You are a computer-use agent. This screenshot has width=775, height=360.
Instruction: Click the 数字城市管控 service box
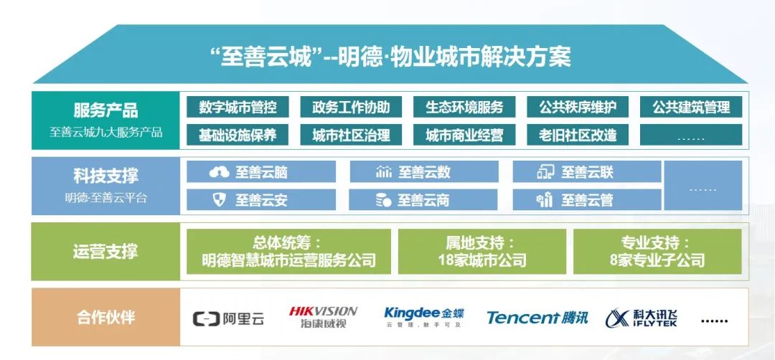click(238, 107)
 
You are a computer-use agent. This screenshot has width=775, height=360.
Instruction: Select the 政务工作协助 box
click(351, 107)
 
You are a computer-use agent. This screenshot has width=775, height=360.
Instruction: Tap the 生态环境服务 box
click(464, 107)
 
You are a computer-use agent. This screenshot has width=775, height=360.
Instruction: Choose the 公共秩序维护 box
click(577, 107)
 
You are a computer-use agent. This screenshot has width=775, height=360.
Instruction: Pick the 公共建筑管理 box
click(691, 107)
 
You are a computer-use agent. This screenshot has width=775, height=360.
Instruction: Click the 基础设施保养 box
click(238, 135)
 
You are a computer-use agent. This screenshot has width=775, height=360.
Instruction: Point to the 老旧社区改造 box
click(577, 135)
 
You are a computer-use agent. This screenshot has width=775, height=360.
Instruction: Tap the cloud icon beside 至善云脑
click(219, 172)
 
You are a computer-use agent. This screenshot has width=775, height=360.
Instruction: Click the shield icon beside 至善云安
click(219, 200)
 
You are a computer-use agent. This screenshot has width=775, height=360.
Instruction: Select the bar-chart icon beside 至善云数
click(383, 172)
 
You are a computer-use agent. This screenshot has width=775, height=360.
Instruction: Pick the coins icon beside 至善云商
click(383, 200)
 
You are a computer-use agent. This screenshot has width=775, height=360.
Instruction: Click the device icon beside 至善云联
click(545, 172)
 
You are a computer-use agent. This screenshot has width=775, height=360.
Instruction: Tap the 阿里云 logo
click(228, 318)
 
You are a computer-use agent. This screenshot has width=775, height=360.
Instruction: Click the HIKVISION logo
click(323, 317)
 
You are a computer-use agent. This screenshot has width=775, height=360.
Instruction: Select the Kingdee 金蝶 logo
click(423, 317)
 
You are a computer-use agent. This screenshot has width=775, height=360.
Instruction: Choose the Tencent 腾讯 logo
click(537, 318)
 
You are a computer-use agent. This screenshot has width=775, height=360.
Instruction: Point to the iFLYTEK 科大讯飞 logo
click(641, 318)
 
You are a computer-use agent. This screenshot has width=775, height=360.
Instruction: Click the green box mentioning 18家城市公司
click(482, 252)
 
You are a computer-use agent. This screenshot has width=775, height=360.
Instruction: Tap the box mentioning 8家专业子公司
click(657, 252)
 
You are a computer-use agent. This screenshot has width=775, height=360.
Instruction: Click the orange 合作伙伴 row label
click(105, 317)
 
